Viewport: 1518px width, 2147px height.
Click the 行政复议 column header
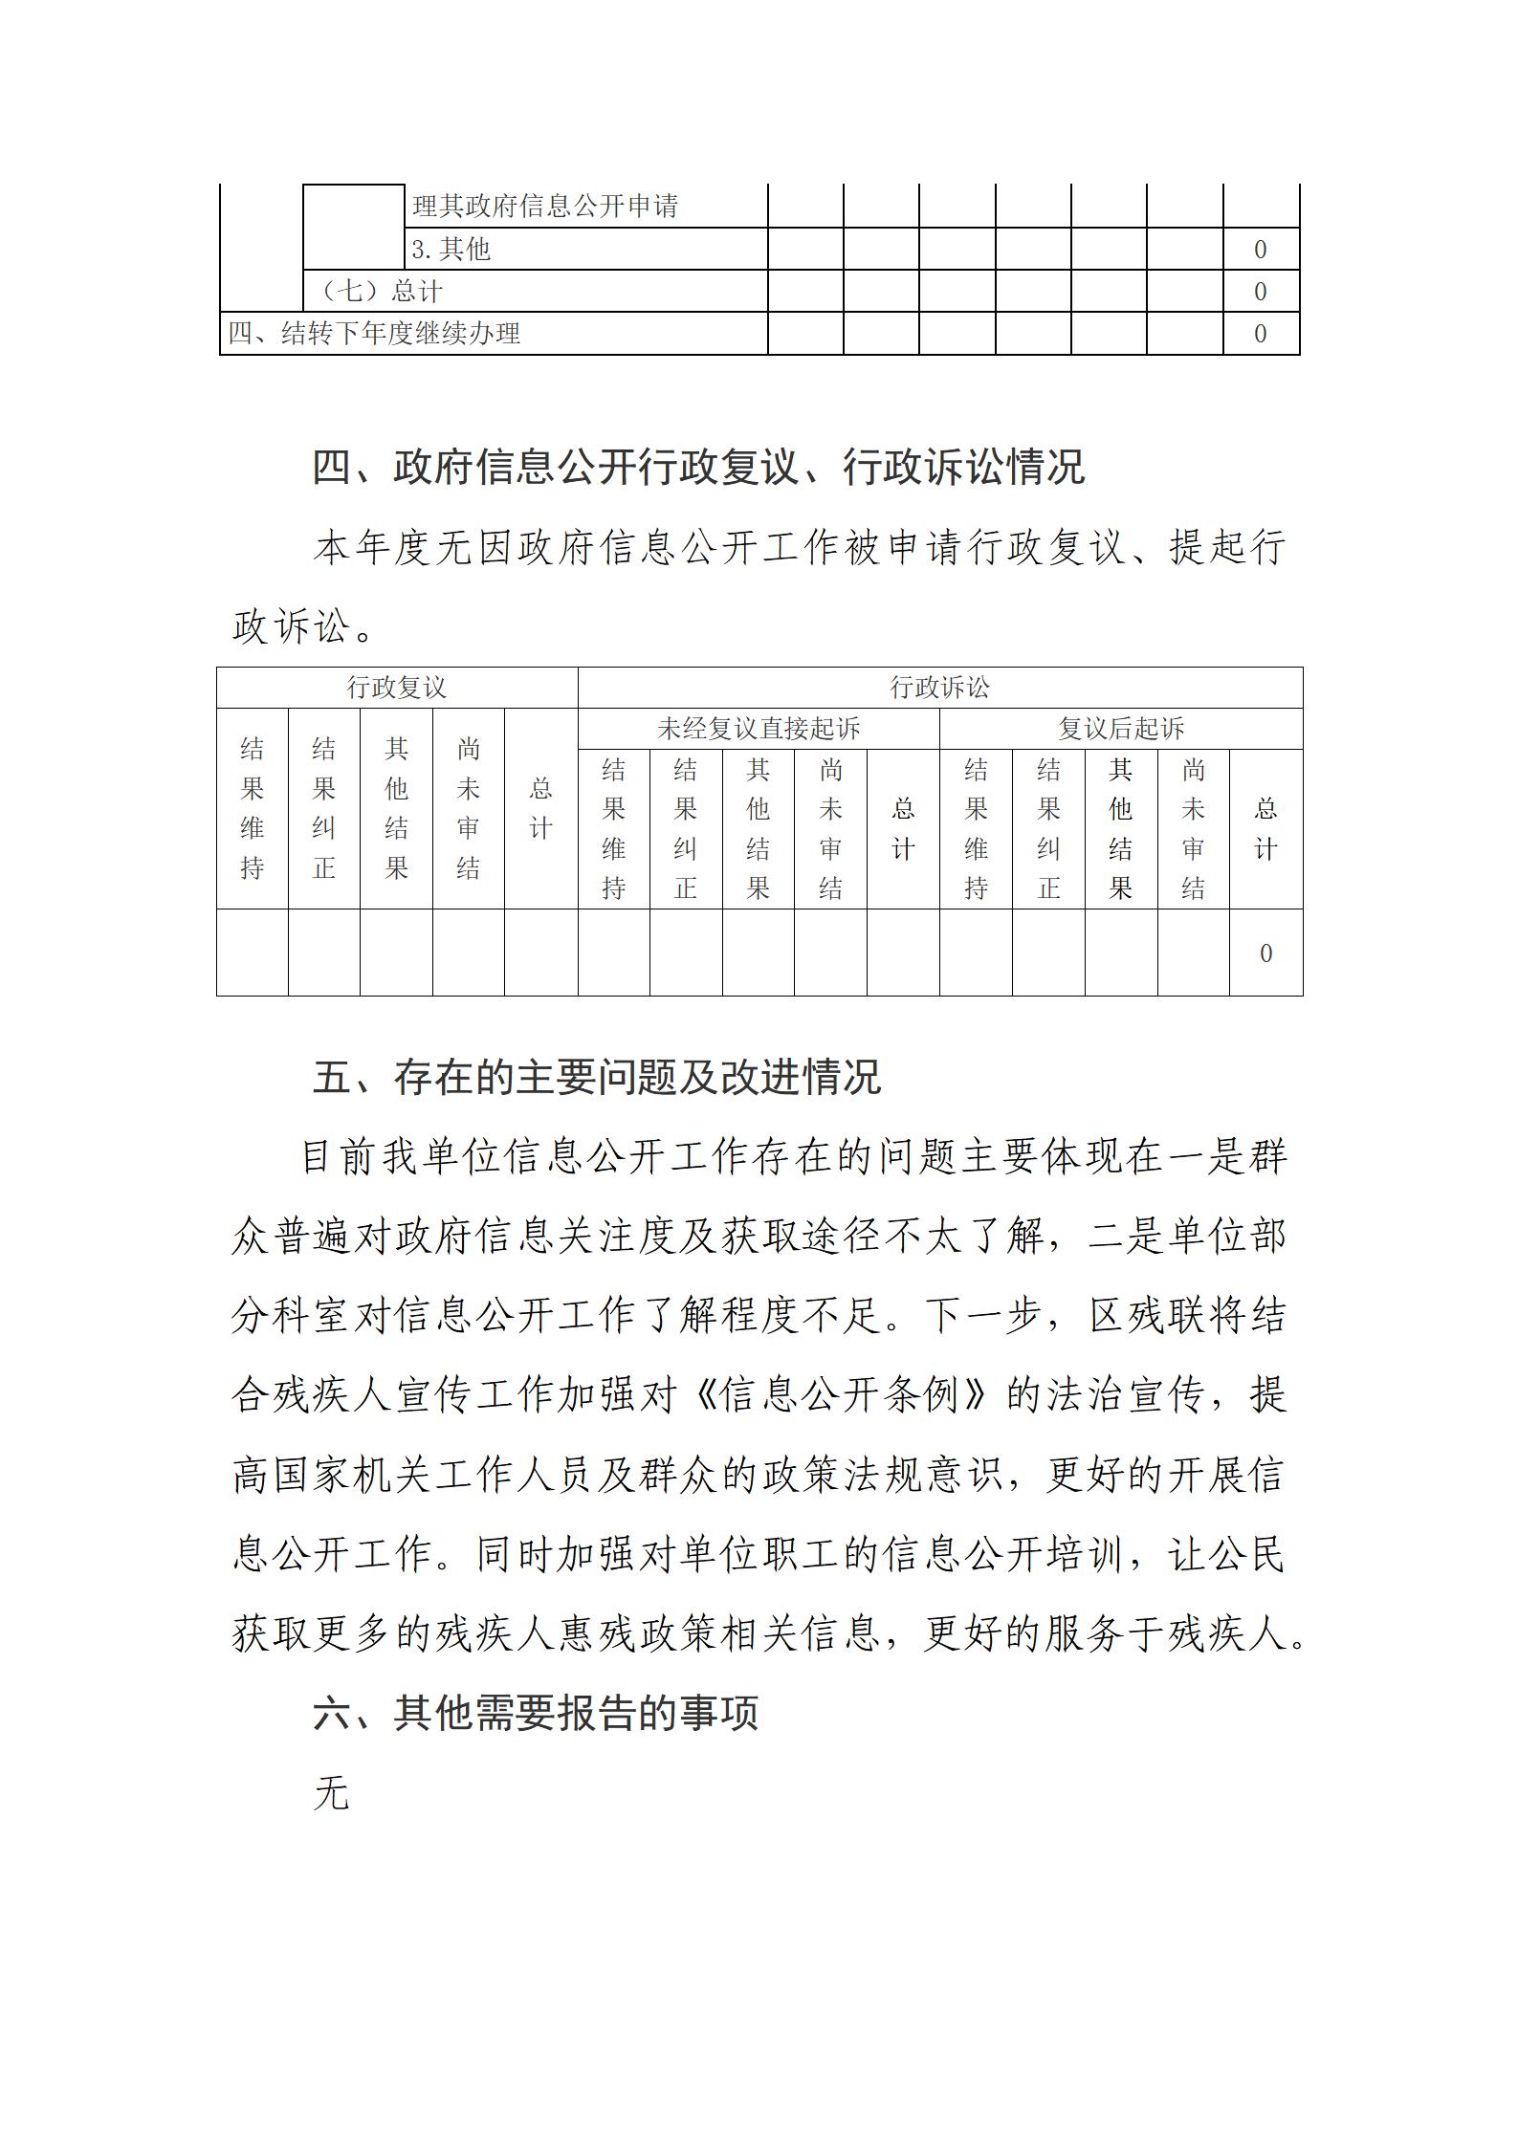point(396,688)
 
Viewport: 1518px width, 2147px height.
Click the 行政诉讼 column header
point(939,688)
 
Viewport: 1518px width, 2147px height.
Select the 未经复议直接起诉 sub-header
point(759,729)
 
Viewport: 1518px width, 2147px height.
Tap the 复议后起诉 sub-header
point(1120,729)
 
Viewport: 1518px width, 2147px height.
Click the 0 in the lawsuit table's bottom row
point(1265,953)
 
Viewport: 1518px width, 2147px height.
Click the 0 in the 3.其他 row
point(1260,250)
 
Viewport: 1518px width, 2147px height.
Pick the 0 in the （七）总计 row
point(1260,292)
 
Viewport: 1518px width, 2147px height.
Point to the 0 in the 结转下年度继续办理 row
point(1260,334)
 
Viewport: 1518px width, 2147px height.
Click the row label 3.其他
point(451,250)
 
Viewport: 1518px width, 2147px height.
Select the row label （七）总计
point(382,292)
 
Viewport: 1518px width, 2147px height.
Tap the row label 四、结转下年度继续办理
point(374,334)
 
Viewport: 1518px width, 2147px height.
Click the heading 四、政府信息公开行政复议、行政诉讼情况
point(698,468)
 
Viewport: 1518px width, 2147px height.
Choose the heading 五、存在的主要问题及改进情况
point(596,1077)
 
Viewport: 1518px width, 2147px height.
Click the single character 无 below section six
point(331,1793)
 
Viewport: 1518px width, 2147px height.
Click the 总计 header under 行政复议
point(540,808)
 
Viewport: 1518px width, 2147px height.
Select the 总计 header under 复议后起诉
point(1265,828)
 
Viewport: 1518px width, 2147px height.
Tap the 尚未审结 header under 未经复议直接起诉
point(830,828)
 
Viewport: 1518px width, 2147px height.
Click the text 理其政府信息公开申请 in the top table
point(544,206)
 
